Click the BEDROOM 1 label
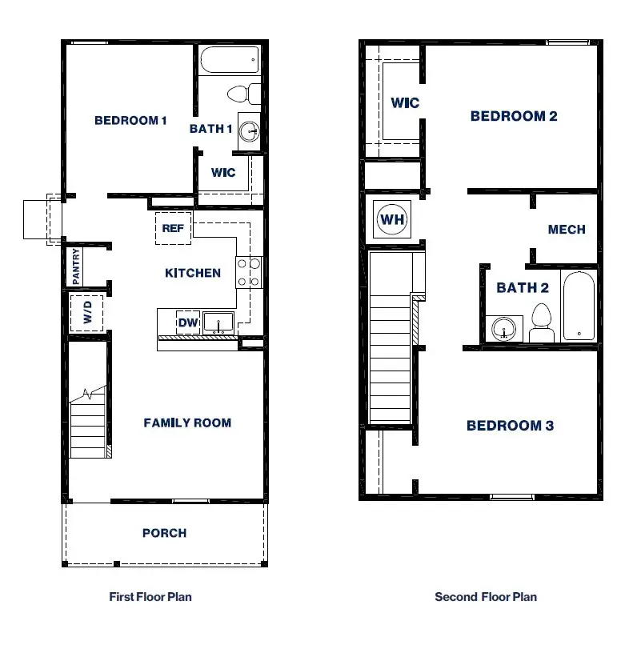pyautogui.click(x=130, y=121)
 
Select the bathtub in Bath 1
pyautogui.click(x=230, y=59)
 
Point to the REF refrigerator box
pyautogui.click(x=173, y=228)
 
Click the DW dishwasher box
pyautogui.click(x=187, y=322)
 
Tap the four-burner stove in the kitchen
pyautogui.click(x=249, y=271)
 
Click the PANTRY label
pyautogui.click(x=76, y=266)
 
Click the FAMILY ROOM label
pyautogui.click(x=187, y=423)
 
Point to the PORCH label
pyautogui.click(x=164, y=533)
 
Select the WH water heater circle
pyautogui.click(x=392, y=219)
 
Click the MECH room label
pyautogui.click(x=567, y=230)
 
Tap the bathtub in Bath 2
pyautogui.click(x=578, y=307)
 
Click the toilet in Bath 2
pyautogui.click(x=542, y=322)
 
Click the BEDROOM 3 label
pyautogui.click(x=510, y=426)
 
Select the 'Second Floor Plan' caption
pyautogui.click(x=486, y=597)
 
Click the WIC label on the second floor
pyautogui.click(x=405, y=102)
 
